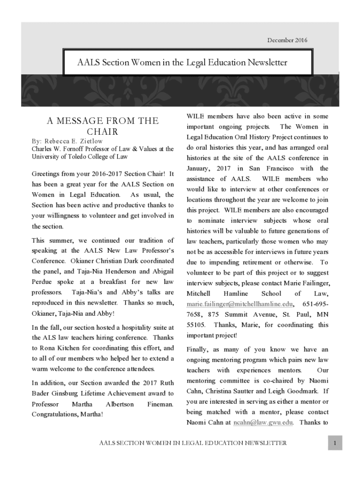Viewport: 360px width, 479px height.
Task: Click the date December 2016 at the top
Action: [x=287, y=40]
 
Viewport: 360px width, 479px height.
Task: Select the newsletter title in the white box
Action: [x=182, y=62]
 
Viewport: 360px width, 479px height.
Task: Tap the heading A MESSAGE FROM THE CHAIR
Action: [x=102, y=126]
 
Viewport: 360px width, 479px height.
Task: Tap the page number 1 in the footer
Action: [x=335, y=443]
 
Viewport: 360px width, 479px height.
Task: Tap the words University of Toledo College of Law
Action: [x=79, y=156]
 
